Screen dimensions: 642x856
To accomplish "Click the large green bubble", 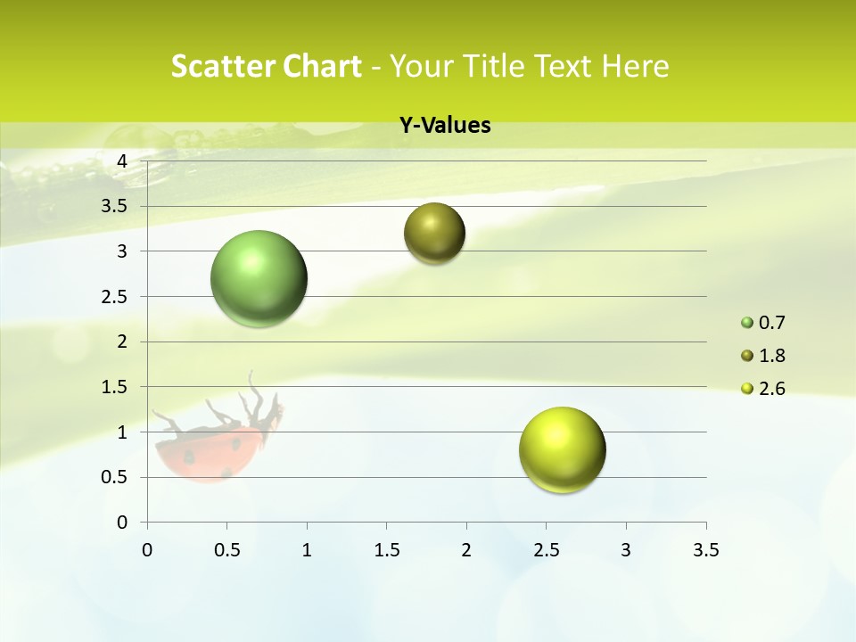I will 259,278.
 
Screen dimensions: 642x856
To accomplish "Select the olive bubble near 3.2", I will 434,234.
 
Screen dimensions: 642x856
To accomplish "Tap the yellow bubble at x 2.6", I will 562,449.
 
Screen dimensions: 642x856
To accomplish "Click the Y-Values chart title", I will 445,126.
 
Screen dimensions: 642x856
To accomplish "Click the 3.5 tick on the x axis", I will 705,550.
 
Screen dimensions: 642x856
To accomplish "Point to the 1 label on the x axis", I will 307,550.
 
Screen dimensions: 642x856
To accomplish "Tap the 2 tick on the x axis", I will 466,550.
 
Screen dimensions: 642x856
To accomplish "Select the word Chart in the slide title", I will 320,67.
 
